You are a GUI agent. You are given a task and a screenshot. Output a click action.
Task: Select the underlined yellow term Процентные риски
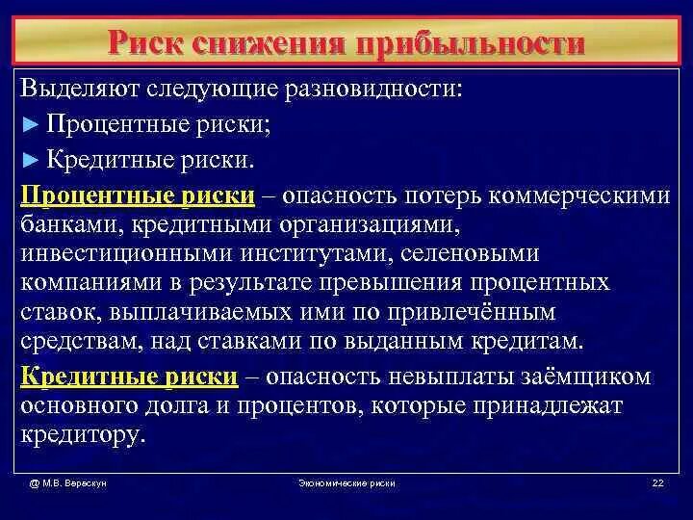click(138, 195)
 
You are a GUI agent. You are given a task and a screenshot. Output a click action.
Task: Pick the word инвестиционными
click(121, 254)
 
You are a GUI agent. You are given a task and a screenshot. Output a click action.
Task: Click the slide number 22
click(658, 483)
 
